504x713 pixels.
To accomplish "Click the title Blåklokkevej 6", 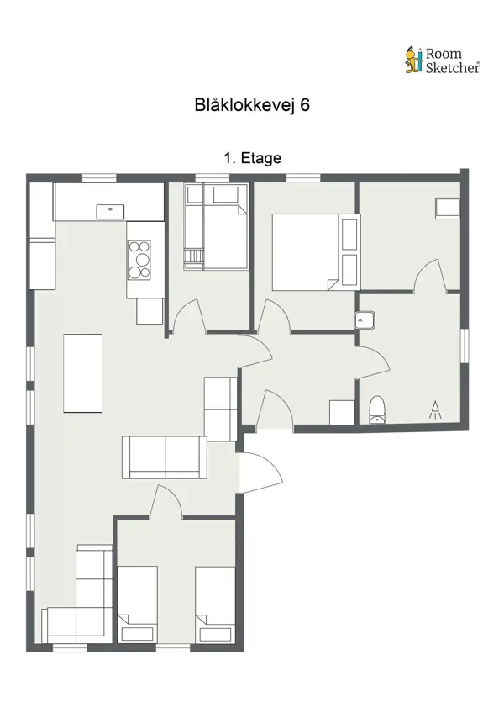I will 252,105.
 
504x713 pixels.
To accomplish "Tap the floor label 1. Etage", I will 252,157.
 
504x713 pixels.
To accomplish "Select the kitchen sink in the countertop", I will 109,210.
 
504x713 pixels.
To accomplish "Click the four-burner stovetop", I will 139,260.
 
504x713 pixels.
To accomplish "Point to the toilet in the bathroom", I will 377,409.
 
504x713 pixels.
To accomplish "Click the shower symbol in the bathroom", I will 436,409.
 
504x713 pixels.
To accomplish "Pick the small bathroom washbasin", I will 365,320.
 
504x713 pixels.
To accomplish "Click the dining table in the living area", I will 83,373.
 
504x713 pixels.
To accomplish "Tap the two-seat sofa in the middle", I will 165,457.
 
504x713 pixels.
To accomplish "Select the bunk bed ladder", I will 194,257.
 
